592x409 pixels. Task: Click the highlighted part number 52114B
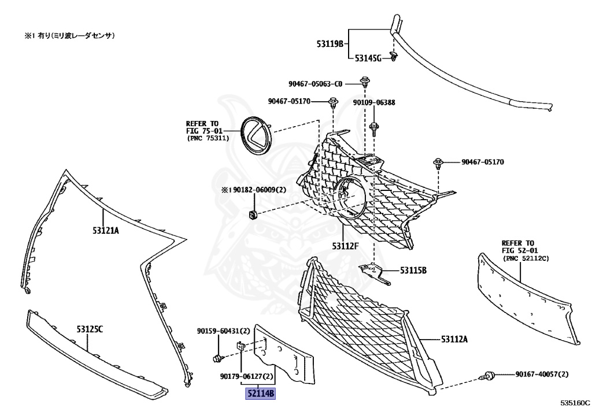[x=260, y=395]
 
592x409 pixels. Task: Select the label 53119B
[x=330, y=43]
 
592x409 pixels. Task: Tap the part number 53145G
[x=368, y=58]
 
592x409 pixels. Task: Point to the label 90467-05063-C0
[x=316, y=83]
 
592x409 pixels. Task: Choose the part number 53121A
[x=105, y=230]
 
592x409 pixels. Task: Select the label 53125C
[x=89, y=329]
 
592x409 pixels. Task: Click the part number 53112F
[x=345, y=246]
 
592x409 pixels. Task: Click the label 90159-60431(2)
[x=223, y=331]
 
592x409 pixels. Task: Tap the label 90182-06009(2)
[x=254, y=190]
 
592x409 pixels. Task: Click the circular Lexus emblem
[x=256, y=135]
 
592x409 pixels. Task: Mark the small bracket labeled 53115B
[x=373, y=272]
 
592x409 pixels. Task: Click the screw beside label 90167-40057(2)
[x=489, y=377]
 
